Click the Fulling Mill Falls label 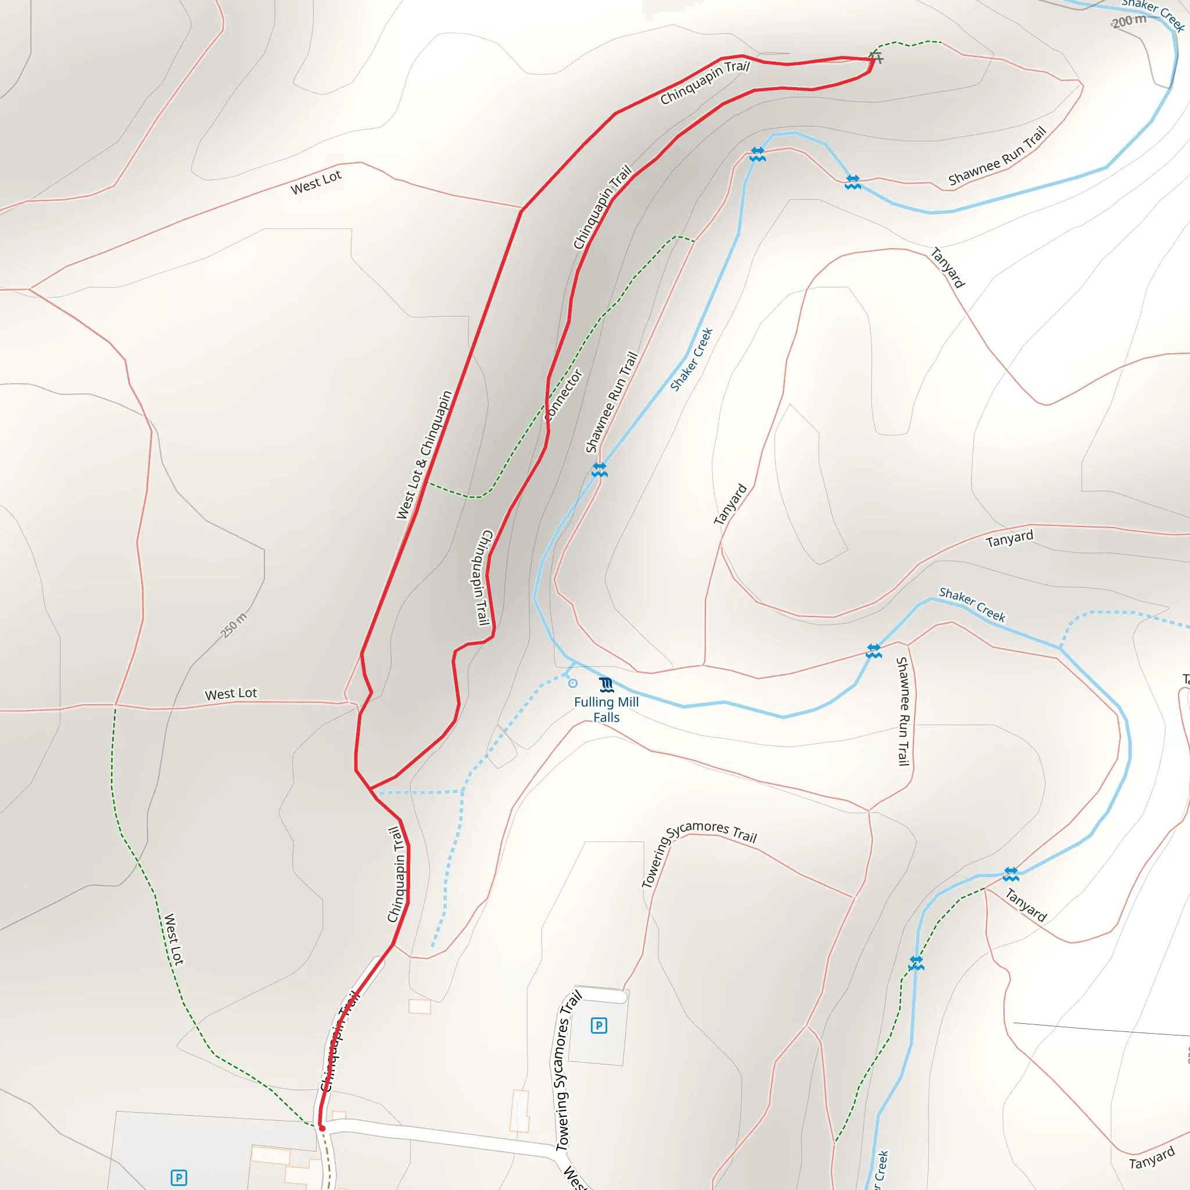point(606,709)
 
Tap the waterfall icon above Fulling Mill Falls point(606,684)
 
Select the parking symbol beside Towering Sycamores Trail point(598,1026)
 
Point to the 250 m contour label point(234,625)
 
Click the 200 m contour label point(1129,21)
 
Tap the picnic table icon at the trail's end point(876,58)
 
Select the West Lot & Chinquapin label point(424,455)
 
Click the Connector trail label point(564,395)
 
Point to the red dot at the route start point(321,1128)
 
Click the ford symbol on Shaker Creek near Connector point(599,470)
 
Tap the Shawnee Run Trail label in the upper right point(997,156)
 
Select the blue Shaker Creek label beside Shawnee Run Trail point(691,360)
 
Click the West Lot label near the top point(316,183)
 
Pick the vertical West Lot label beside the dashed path point(174,940)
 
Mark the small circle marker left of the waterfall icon point(573,683)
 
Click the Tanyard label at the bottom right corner point(1152,1158)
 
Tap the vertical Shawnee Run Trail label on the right point(902,711)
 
